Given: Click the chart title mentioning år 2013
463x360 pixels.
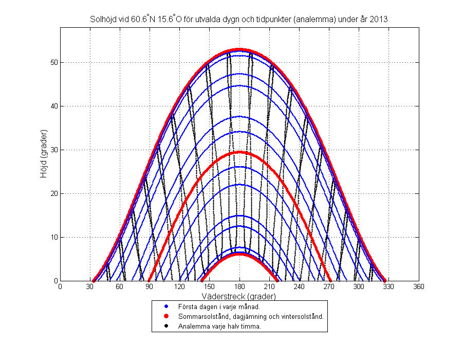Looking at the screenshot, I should [238, 19].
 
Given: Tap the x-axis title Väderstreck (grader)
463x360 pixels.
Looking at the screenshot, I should [239, 297].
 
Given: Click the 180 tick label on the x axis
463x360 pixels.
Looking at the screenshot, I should [239, 287].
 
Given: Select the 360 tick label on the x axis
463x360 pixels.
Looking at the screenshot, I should [418, 287].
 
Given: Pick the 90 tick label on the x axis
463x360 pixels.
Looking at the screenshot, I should [150, 287].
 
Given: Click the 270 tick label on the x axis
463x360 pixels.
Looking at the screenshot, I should [328, 287].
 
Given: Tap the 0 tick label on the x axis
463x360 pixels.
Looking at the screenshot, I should [61, 287].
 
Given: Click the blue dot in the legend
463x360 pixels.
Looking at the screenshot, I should [166, 307].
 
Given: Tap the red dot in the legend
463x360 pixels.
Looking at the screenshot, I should [166, 316].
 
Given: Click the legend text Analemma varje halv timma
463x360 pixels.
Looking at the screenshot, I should [219, 326].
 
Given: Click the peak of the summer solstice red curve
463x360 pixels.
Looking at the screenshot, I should [239, 49].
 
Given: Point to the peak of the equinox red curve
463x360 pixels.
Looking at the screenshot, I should [239, 152].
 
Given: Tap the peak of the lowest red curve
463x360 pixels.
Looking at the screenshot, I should [239, 254].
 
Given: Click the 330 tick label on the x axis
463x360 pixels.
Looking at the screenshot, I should [388, 287].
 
